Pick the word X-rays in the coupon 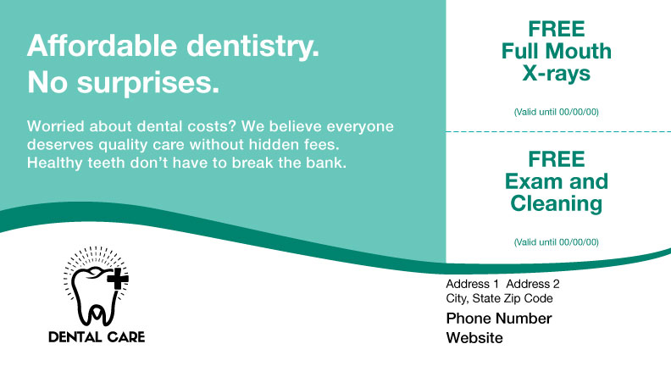(x=556, y=73)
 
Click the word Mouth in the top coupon (x=580, y=51)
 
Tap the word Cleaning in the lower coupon (x=556, y=203)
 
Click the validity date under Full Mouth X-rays (x=556, y=112)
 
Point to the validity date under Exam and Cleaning (x=556, y=242)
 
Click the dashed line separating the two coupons (x=556, y=131)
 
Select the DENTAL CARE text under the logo (x=97, y=337)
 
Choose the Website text (x=474, y=338)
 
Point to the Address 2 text (x=533, y=284)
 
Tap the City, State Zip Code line (x=499, y=298)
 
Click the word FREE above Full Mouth (x=556, y=28)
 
